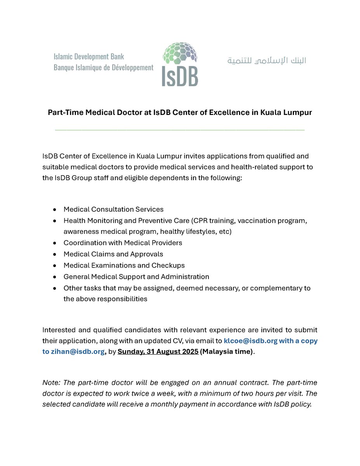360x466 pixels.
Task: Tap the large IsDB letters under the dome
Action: coord(180,77)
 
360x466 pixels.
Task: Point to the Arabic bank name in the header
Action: coord(266,61)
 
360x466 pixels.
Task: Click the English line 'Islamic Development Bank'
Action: coord(89,57)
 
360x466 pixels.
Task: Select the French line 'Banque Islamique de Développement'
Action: coord(103,68)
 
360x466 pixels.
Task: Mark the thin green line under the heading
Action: coord(180,130)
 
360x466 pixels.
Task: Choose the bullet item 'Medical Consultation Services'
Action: coord(113,209)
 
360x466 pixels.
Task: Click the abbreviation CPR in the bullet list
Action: coord(200,221)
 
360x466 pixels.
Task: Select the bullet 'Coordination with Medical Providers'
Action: coord(123,243)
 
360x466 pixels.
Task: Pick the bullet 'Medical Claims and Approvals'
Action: coord(113,254)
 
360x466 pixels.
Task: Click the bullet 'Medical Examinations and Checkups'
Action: coord(124,265)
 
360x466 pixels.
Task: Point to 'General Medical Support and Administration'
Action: coord(136,276)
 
